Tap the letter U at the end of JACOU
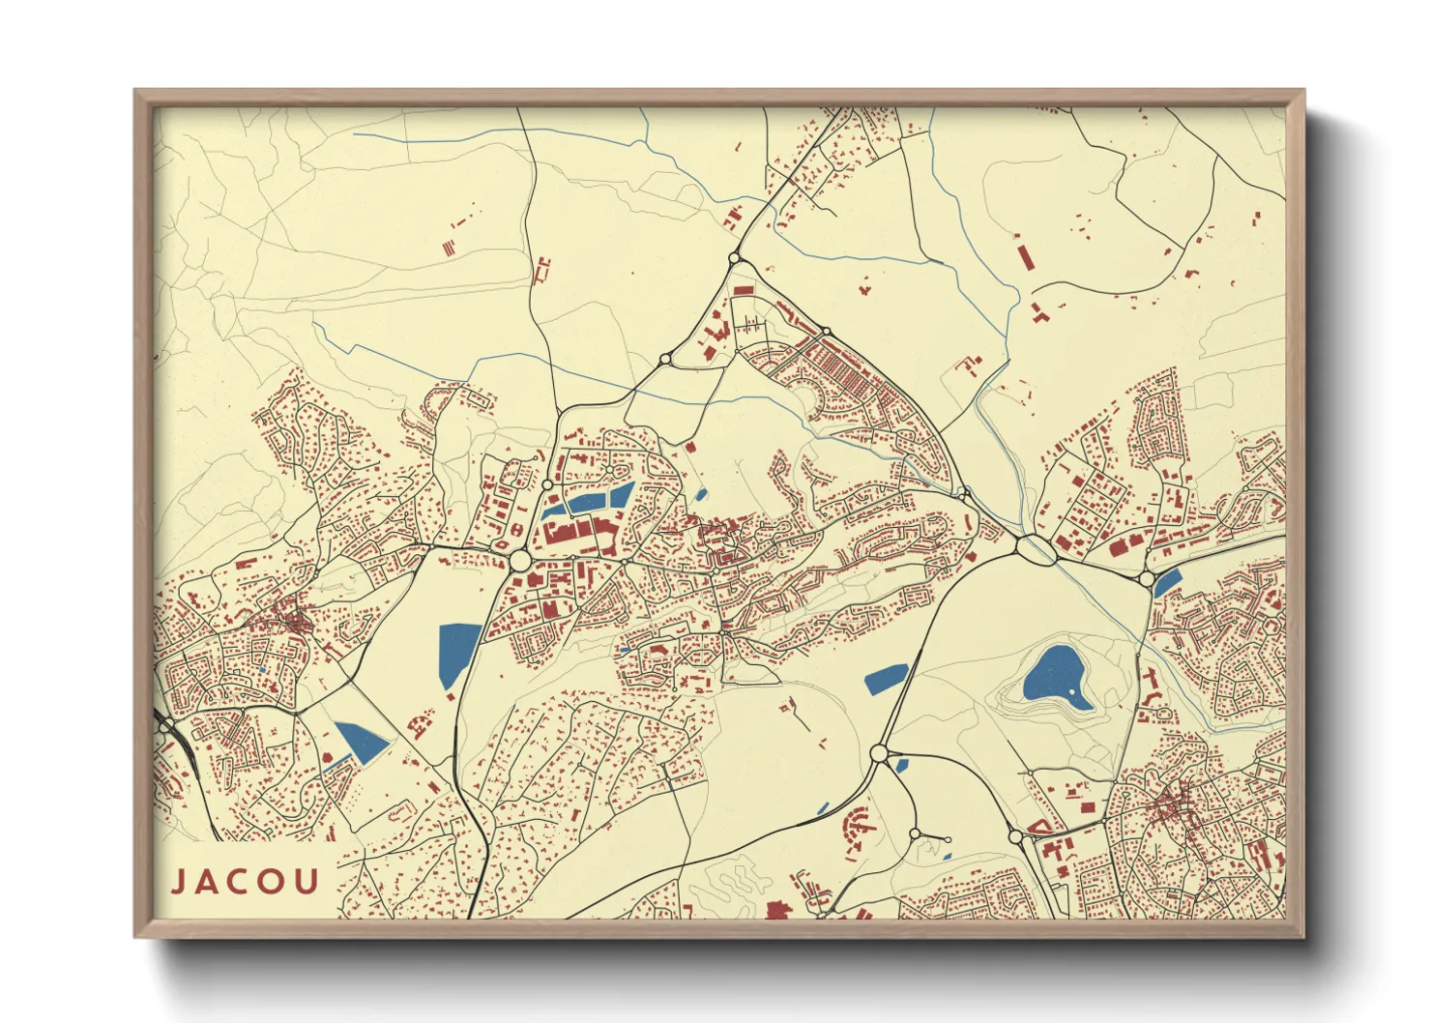[x=307, y=882]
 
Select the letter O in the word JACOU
[x=273, y=882]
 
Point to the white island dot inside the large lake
[x=1075, y=693]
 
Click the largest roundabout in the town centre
[x=519, y=561]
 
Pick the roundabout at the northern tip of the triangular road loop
[x=733, y=258]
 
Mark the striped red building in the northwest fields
[x=449, y=248]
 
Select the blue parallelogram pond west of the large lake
[x=886, y=679]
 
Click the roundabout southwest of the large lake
[x=879, y=752]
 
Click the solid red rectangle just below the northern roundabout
[x=743, y=289]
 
